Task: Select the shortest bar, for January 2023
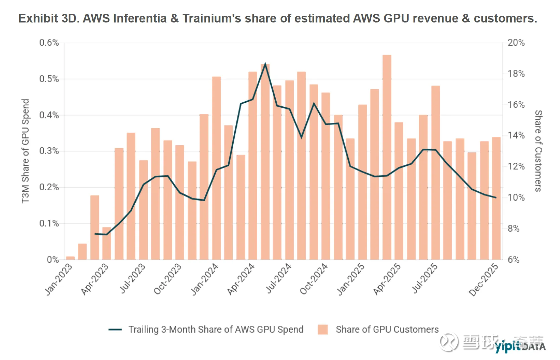(71, 258)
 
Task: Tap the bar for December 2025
(496, 198)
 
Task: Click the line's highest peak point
(265, 63)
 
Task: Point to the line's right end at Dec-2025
(496, 197)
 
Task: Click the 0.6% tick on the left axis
(49, 43)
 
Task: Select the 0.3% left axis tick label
(49, 151)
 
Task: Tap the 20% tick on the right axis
(516, 43)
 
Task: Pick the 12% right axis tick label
(516, 166)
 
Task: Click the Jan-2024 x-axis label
(205, 279)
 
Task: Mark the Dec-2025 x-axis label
(483, 279)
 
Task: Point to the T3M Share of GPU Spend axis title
(26, 151)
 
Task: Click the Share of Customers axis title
(538, 151)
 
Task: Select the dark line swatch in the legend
(115, 329)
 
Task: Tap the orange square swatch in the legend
(323, 329)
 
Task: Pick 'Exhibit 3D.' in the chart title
(48, 18)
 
